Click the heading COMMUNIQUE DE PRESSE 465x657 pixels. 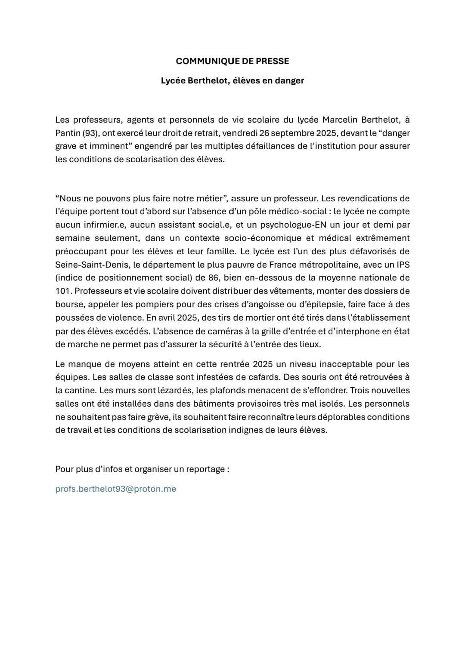(x=232, y=61)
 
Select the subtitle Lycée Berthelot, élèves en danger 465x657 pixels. (x=232, y=80)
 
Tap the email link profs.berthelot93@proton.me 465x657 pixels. (x=116, y=489)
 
